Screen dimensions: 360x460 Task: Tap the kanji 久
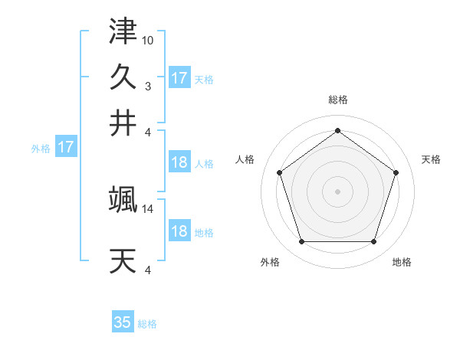(123, 77)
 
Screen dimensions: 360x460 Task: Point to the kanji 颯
(123, 200)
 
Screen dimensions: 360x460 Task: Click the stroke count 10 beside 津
(148, 39)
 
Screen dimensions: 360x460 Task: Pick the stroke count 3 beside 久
(148, 85)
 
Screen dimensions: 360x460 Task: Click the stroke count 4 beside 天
(148, 270)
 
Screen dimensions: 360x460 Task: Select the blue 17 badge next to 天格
(179, 78)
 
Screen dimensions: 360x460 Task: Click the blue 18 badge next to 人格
(179, 163)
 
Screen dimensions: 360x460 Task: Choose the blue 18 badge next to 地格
(179, 232)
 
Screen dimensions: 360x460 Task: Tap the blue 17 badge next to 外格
(66, 148)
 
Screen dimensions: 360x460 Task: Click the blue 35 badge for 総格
(123, 322)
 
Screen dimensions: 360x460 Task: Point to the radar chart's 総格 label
(337, 100)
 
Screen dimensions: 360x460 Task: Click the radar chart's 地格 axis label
(402, 263)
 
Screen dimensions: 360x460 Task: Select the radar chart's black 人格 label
(245, 159)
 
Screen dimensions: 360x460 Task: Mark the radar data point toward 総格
(337, 130)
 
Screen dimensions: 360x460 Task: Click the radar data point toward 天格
(396, 172)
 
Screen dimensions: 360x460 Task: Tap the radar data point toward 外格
(301, 241)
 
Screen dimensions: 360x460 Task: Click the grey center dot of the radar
(337, 191)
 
